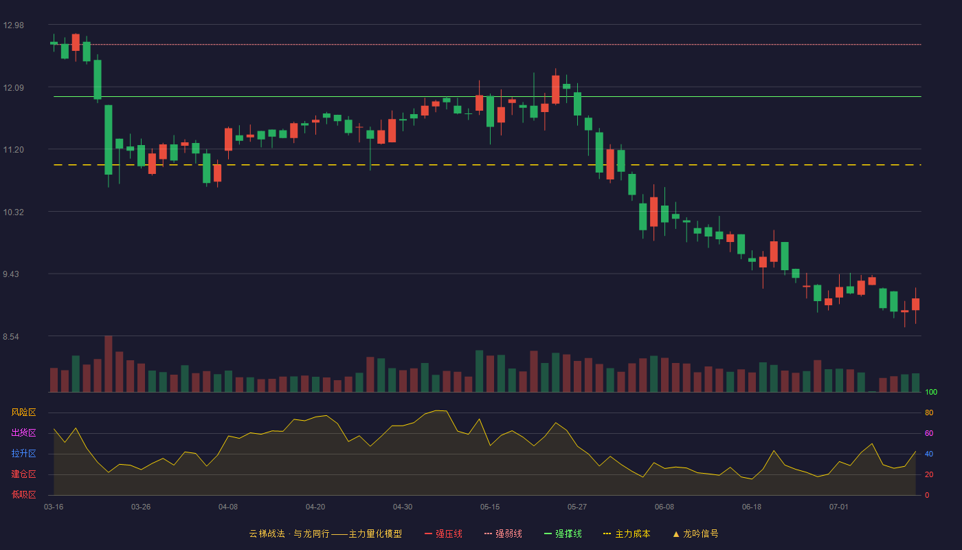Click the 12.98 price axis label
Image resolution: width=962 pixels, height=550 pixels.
point(13,25)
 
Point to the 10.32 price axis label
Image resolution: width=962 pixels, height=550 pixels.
point(13,212)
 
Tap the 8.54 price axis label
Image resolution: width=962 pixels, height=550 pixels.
point(11,337)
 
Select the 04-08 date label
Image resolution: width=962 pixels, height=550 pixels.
point(228,507)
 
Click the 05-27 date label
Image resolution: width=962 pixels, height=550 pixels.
point(577,507)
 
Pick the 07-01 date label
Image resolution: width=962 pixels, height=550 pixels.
point(839,507)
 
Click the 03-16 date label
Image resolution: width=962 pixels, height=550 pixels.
point(54,507)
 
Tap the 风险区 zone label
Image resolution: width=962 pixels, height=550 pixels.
point(23,412)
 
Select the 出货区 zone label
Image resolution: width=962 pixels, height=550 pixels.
point(23,432)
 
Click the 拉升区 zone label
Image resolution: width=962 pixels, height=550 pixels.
point(23,453)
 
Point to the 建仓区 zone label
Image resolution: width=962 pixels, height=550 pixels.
point(23,474)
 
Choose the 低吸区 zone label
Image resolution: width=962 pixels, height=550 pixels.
point(23,494)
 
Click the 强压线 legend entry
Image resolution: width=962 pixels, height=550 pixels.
point(444,533)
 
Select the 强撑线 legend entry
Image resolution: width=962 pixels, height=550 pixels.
point(563,533)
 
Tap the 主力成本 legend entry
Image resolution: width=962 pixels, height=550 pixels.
point(627,533)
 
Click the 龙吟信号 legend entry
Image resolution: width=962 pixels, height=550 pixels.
point(695,533)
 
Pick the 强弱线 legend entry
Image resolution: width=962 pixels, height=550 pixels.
point(503,533)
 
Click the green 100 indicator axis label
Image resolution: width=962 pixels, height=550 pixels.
point(931,392)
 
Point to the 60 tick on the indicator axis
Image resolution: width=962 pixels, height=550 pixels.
point(929,433)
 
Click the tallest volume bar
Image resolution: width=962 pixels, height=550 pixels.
point(109,364)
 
